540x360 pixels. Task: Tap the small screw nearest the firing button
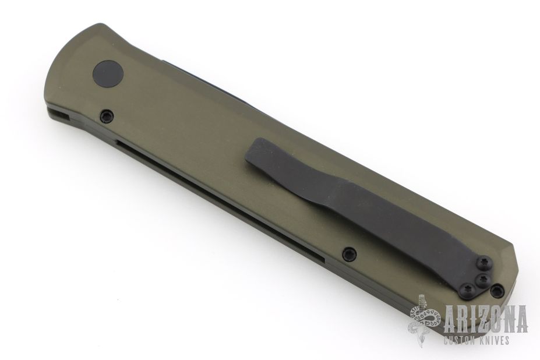point(107,116)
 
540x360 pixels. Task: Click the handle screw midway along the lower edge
point(349,254)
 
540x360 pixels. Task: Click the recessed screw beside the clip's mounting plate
point(497,291)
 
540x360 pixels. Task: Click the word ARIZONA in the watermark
point(486,319)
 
